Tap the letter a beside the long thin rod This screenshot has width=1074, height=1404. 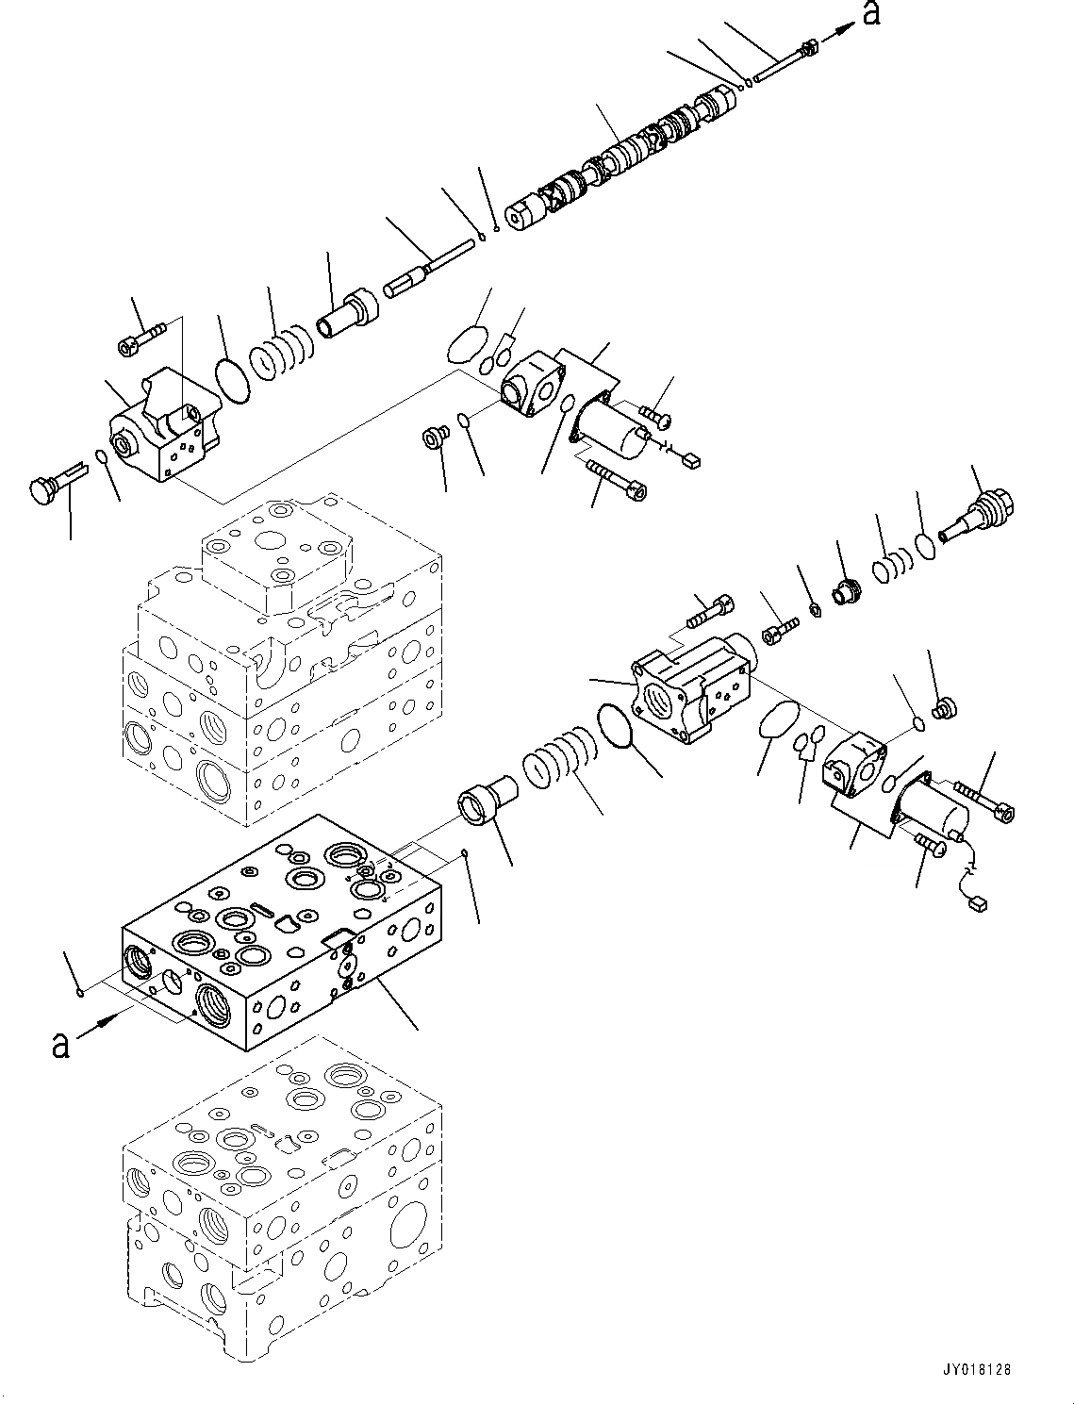pos(871,13)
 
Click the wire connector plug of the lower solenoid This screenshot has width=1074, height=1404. pos(977,904)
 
